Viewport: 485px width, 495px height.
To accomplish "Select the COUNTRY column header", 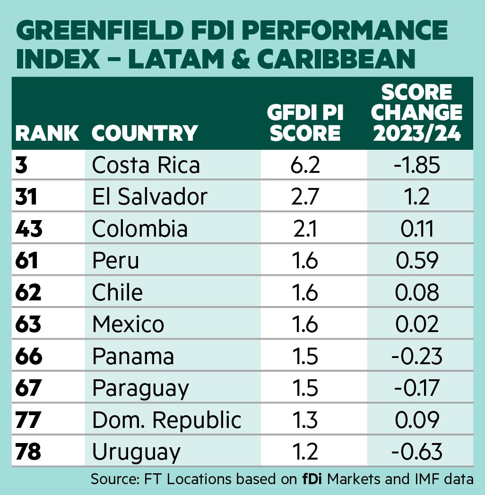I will (x=144, y=133).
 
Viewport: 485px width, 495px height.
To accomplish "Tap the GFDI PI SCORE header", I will (x=304, y=123).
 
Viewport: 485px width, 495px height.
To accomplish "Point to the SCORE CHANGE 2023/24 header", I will (x=417, y=113).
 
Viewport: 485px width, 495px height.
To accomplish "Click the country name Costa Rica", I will (x=146, y=165).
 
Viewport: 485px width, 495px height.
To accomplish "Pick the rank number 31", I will (x=26, y=196).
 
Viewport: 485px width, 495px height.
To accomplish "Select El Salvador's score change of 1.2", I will (x=417, y=196).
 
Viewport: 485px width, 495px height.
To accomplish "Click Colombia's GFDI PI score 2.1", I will (x=304, y=229).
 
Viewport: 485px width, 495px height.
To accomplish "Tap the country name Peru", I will (x=115, y=260).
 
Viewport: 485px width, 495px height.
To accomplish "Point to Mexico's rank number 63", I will (x=28, y=324).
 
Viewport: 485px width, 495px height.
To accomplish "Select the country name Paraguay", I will (x=140, y=388).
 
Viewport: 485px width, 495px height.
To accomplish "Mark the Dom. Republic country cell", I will (x=166, y=420).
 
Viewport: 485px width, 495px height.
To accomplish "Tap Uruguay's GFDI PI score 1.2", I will (x=304, y=452).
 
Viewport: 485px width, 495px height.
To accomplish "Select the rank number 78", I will (x=28, y=452).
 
